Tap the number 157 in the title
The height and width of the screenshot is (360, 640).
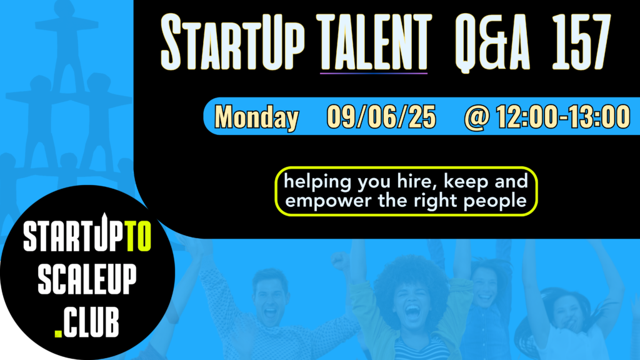click(x=581, y=42)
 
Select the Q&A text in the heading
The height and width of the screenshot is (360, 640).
click(x=492, y=43)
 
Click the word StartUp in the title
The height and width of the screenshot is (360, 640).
click(x=232, y=42)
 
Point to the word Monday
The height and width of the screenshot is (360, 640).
click(x=257, y=117)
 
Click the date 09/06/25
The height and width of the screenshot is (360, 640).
click(x=381, y=117)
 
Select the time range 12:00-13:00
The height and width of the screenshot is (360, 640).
click(x=563, y=117)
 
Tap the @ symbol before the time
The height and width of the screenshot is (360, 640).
click(x=477, y=117)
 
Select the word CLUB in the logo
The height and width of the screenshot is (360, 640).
click(x=91, y=322)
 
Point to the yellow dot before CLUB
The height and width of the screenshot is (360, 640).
click(x=58, y=332)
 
